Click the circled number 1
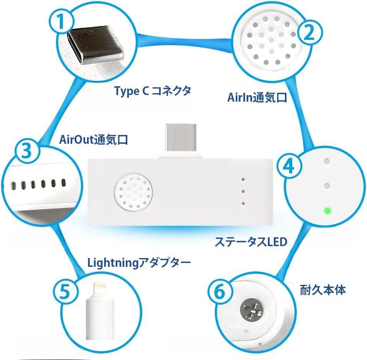pos(61,21)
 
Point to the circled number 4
pos(289,166)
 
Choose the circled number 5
pos(65,291)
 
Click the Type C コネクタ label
pos(153,91)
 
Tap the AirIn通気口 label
pos(257,97)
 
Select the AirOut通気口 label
pos(94,140)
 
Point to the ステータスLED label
pos(251,242)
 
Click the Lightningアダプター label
pos(139,263)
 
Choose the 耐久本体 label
pos(323,290)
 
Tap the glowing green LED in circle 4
pos(327,211)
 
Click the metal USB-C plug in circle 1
pos(96,46)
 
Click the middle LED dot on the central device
pos(243,192)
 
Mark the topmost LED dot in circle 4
pos(326,161)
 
